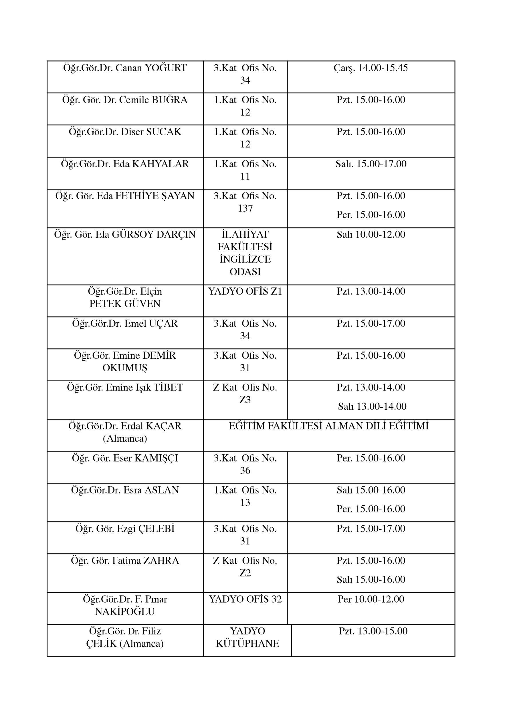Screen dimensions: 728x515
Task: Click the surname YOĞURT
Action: (166, 68)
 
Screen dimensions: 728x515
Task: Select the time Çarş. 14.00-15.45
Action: (371, 68)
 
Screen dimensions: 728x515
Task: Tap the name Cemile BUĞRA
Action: (153, 100)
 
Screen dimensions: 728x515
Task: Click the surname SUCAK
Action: (163, 132)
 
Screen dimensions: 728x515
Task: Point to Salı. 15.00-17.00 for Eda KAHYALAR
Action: (371, 164)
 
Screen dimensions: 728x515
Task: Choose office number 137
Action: (245, 208)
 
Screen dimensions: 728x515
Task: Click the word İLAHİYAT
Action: (245, 234)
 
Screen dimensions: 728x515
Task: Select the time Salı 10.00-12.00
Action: (371, 234)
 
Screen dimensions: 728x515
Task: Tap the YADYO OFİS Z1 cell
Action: (245, 291)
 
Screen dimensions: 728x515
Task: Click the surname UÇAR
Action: (163, 323)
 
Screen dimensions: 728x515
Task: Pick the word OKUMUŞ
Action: (125, 368)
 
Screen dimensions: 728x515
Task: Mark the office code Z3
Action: (245, 400)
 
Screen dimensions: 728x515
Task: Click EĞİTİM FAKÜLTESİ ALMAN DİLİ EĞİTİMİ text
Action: (328, 426)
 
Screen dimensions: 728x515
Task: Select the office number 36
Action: (245, 470)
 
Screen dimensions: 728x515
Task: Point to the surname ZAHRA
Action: (161, 561)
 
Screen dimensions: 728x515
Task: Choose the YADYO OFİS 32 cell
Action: (245, 599)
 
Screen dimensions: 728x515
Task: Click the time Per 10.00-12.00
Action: (371, 599)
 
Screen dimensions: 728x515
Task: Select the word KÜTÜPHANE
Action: (247, 644)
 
